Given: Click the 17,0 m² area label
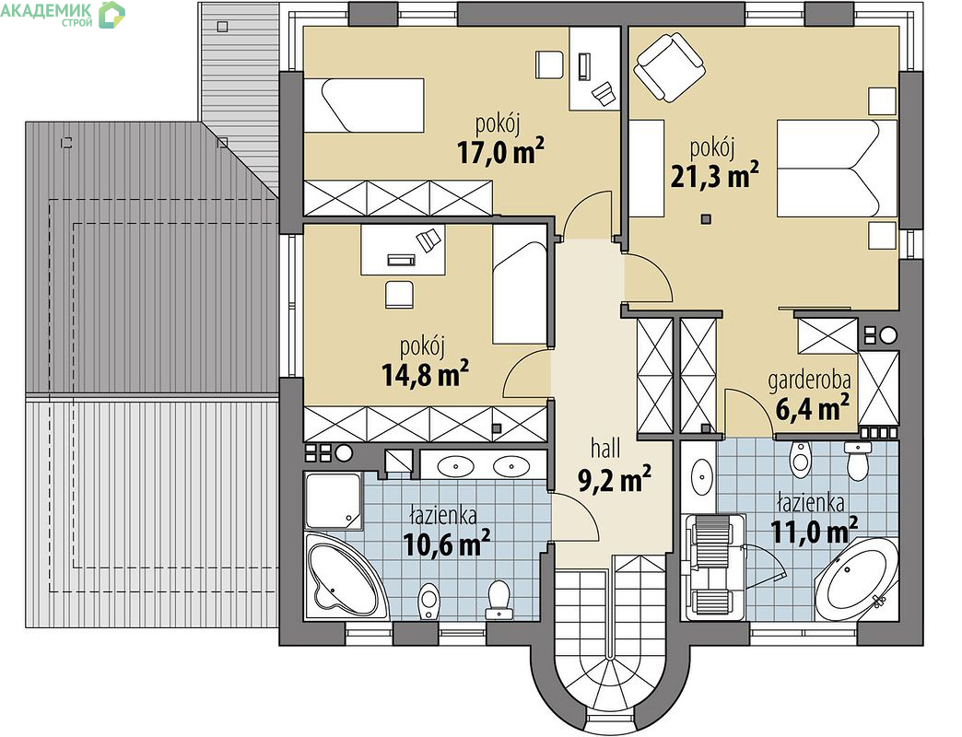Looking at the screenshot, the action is point(501,152).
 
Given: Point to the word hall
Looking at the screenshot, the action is point(605,449).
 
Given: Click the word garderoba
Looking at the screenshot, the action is point(810,380).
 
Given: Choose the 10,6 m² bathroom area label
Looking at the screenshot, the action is point(447,544).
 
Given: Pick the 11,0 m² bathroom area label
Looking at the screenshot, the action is point(814,531).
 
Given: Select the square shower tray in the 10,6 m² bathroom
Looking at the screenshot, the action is point(334,501).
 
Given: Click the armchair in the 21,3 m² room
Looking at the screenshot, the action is point(668,67).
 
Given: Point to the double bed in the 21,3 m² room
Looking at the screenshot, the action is point(838,168).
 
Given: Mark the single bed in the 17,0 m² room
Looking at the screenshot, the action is point(364,105).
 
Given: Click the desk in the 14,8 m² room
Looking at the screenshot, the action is point(403,251).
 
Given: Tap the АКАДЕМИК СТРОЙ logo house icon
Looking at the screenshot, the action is point(111,14).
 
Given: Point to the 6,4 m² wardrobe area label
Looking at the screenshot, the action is point(813,408).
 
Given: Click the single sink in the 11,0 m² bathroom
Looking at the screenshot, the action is point(702,475).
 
